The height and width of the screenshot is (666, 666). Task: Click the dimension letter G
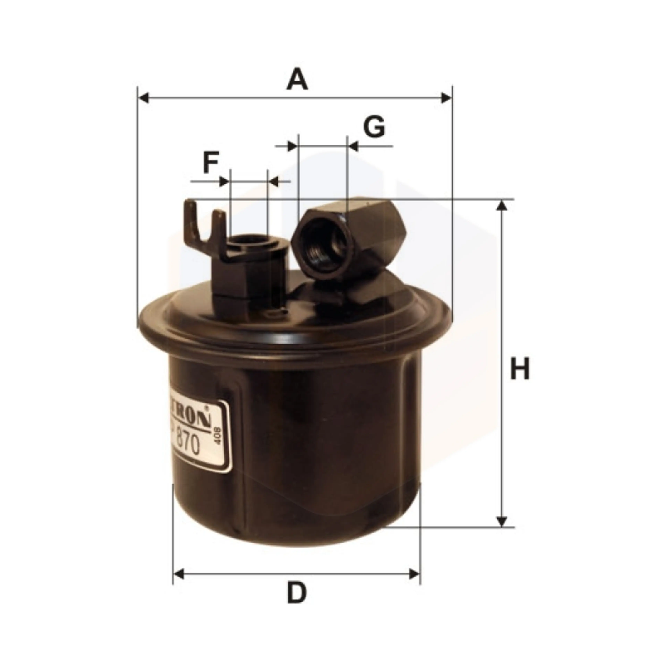[x=374, y=127]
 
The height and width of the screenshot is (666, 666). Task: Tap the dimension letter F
[x=211, y=163]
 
